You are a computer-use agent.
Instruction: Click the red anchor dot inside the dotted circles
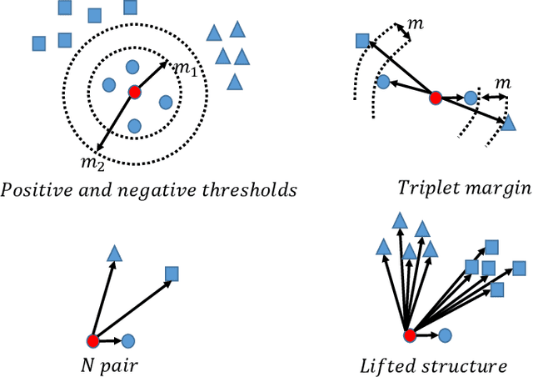click(x=133, y=91)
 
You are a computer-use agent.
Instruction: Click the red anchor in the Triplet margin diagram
click(x=434, y=98)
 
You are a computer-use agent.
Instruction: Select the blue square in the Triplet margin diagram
click(x=362, y=40)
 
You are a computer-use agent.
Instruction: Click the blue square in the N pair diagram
click(x=172, y=273)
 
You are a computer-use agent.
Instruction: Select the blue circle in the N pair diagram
click(x=127, y=340)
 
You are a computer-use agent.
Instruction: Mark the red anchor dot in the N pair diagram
click(x=92, y=340)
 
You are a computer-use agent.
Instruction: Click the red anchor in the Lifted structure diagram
click(x=409, y=336)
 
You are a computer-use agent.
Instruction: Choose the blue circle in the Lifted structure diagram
click(x=445, y=335)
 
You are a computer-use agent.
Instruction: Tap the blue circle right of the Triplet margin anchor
click(x=471, y=98)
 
